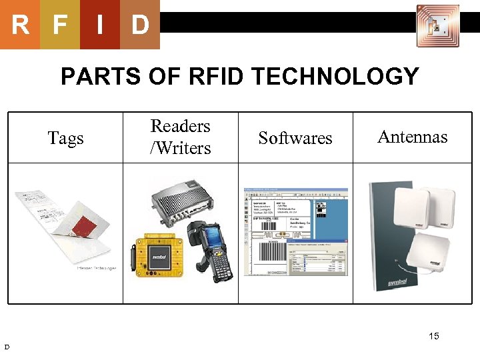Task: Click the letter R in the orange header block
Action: [20, 25]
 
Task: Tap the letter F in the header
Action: [60, 25]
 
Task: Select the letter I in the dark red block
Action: [100, 25]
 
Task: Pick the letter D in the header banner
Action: [139, 25]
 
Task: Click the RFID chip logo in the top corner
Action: [437, 25]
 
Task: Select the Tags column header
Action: [66, 138]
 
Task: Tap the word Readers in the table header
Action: [180, 126]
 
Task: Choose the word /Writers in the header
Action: [180, 147]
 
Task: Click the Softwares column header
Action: [295, 138]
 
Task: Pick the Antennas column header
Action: [412, 137]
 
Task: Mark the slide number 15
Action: [434, 336]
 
